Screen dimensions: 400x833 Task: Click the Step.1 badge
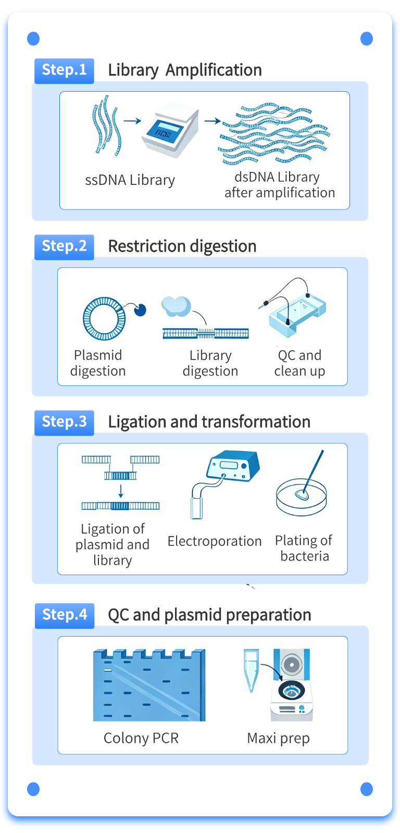[x=64, y=71]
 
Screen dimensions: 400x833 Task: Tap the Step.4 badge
[x=64, y=615]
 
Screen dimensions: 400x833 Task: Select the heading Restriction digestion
[x=182, y=246]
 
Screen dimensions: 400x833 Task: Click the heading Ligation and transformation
[x=209, y=422]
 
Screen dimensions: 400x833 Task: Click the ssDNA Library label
[x=130, y=180]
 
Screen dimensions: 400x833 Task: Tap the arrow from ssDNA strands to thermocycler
[x=132, y=121]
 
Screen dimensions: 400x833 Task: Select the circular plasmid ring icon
[x=104, y=318]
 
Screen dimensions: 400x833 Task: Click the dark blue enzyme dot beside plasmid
[x=140, y=310]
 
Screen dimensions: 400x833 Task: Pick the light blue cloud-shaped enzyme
[x=176, y=306]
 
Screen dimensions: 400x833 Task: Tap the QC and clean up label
[x=299, y=363]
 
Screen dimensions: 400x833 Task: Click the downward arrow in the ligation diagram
[x=121, y=491]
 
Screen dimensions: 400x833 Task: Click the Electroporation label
[x=215, y=541]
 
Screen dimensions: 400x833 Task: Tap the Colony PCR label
[x=141, y=738]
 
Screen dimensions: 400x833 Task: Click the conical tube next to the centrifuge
[x=252, y=670]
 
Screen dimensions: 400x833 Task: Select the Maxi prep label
[x=279, y=739]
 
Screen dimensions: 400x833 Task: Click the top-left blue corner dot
[x=33, y=39]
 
